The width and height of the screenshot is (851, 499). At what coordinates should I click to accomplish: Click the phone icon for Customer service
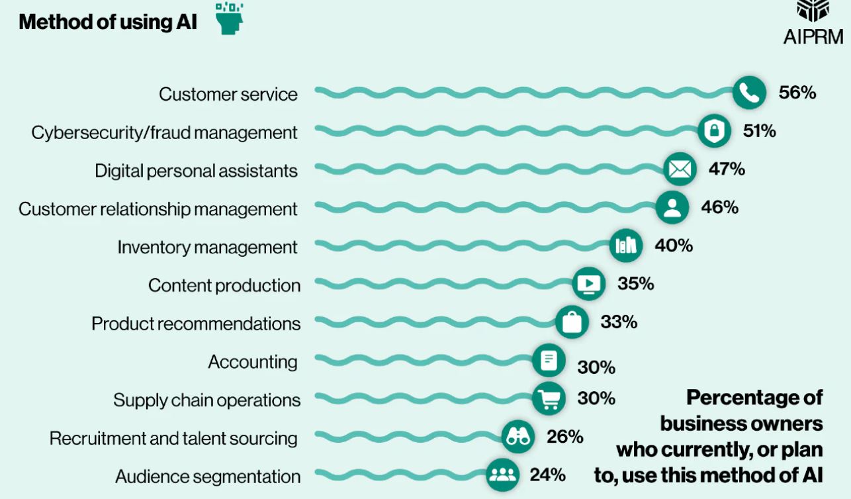(749, 93)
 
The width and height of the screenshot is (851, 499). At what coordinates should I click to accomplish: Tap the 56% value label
(797, 93)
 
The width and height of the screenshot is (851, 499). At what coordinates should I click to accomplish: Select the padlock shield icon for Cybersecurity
(714, 131)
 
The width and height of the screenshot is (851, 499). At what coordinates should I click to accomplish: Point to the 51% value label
(759, 131)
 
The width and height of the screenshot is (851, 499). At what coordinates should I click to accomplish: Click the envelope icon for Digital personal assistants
(680, 169)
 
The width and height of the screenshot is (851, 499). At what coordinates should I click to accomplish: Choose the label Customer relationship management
(158, 209)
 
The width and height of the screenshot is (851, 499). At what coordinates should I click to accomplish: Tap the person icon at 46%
(672, 208)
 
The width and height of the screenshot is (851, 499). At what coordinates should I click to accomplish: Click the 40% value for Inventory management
(674, 246)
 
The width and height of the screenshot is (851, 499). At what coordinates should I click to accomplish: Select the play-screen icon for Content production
(588, 285)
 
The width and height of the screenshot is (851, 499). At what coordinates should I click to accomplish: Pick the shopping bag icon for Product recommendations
(571, 322)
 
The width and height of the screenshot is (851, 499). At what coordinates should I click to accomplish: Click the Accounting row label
(253, 362)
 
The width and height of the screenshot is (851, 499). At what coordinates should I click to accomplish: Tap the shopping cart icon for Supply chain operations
(549, 399)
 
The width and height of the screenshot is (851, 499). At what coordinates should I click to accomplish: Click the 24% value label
(547, 475)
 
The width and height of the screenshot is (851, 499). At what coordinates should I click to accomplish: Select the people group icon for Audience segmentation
(503, 475)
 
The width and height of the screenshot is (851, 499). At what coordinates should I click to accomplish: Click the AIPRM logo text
(813, 37)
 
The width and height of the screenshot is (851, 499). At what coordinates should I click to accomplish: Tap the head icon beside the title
(230, 19)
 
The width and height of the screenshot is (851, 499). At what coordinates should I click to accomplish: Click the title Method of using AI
(108, 22)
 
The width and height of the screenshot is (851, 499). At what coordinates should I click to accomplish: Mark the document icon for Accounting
(549, 361)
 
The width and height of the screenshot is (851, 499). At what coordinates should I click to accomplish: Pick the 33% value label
(619, 322)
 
